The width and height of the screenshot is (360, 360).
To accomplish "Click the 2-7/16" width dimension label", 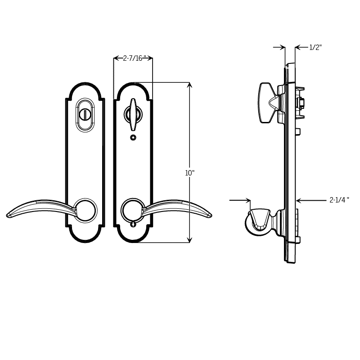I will coord(133,58).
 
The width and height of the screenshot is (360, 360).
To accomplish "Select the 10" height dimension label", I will coord(189,173).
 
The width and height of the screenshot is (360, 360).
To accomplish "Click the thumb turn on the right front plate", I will coord(133,114).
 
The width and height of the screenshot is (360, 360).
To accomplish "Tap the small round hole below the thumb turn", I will coord(133,137).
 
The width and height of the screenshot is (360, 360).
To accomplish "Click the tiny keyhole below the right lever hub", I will coord(133,224).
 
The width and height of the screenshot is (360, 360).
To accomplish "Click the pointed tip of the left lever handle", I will coord(9,216).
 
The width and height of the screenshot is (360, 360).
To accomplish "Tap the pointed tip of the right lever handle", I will coord(210,216).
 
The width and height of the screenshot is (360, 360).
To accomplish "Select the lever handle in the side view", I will coord(260,220).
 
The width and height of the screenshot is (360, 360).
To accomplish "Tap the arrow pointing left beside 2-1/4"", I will coord(300,200).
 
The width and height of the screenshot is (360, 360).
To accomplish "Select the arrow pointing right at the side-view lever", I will coord(247,200).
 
